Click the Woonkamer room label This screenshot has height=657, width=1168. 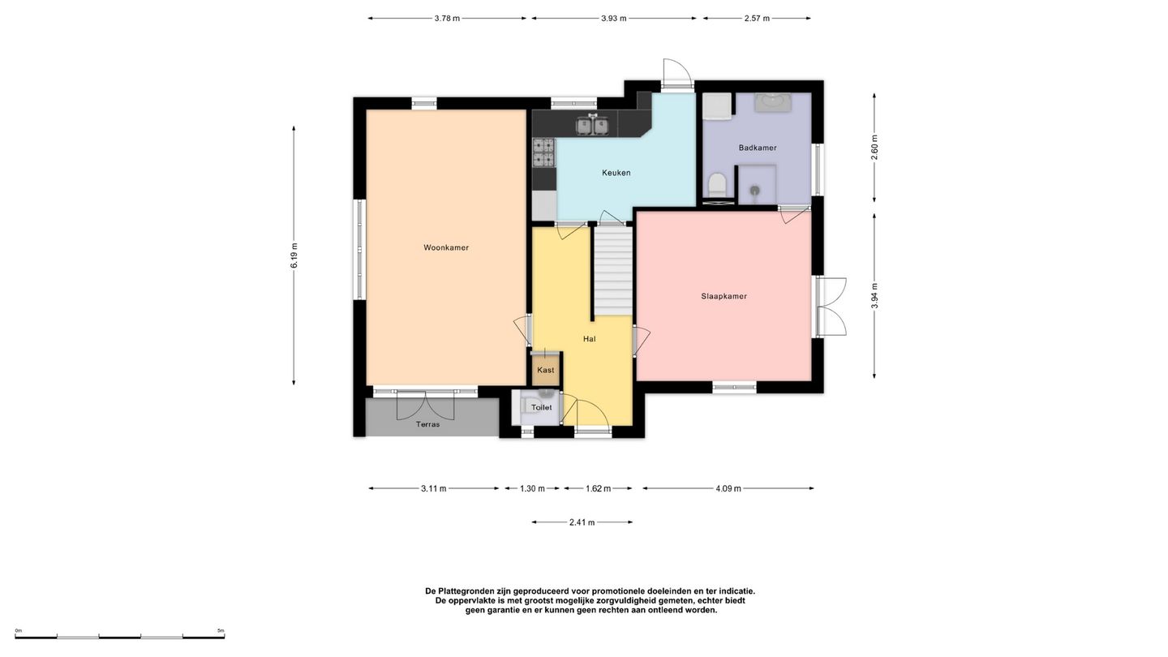tap(446, 247)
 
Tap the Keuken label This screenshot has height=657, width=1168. tap(616, 173)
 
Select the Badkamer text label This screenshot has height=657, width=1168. tap(758, 148)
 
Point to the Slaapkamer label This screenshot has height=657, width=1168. tap(724, 296)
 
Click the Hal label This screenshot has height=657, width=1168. tap(589, 339)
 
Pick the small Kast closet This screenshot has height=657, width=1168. tap(545, 370)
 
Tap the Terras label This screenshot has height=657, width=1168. tap(427, 424)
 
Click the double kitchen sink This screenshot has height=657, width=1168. tap(592, 125)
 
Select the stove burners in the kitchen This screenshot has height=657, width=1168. tap(543, 152)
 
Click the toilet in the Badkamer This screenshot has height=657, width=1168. tap(718, 185)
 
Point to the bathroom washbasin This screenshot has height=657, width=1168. tap(774, 103)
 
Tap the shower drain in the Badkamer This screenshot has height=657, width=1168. tap(756, 191)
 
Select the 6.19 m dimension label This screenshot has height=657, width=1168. tap(294, 256)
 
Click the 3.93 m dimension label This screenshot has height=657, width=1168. tap(614, 18)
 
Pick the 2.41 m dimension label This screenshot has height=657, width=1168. tap(582, 522)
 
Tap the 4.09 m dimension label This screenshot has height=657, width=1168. tap(728, 488)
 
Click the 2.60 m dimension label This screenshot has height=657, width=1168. tap(874, 148)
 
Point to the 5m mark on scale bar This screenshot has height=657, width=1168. tap(221, 630)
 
